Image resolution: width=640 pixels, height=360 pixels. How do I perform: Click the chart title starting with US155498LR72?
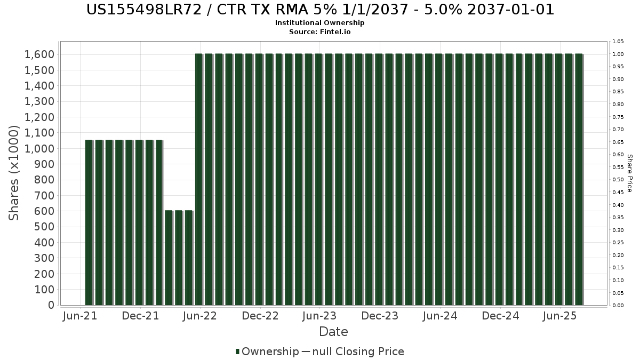(x=320, y=10)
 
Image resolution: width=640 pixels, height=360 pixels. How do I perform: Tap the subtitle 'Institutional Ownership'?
(x=319, y=23)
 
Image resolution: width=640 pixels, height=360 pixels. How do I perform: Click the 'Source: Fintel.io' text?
(x=319, y=31)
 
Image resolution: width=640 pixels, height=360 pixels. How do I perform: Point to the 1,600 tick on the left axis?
(x=39, y=54)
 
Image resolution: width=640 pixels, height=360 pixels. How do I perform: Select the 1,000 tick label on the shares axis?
(x=39, y=149)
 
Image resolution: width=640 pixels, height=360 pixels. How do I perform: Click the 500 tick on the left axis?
(x=44, y=227)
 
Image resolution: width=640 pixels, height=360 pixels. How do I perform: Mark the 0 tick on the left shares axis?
(x=51, y=305)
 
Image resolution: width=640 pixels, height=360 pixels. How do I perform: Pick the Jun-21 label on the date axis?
(x=80, y=316)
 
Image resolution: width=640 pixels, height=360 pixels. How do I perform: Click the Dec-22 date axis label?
(x=260, y=316)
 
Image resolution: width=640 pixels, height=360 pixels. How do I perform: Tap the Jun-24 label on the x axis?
(x=440, y=316)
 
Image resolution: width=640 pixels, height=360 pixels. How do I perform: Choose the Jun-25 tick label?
(x=559, y=316)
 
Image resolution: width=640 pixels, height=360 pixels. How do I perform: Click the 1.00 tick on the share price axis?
(x=618, y=54)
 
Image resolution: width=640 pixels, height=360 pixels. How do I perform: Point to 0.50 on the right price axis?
(x=618, y=180)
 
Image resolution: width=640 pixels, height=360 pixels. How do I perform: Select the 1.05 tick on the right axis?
(x=618, y=42)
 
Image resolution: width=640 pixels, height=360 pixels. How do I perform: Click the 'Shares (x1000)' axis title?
(x=13, y=173)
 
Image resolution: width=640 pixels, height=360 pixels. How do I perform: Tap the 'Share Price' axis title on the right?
(x=630, y=173)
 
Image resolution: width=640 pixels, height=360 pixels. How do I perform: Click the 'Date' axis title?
(x=333, y=332)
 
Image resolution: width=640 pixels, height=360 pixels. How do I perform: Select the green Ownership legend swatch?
(x=237, y=351)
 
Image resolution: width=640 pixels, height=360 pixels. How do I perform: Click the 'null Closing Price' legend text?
(x=358, y=351)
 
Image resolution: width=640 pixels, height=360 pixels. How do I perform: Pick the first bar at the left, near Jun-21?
(x=89, y=222)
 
